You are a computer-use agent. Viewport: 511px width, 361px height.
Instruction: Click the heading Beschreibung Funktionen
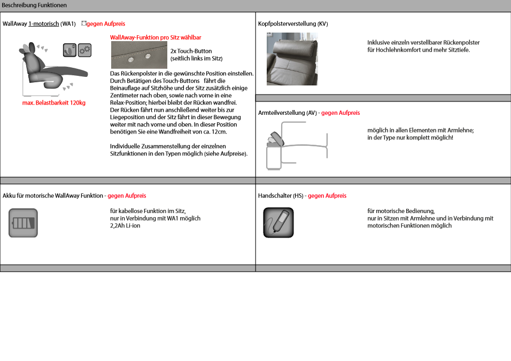(34, 5)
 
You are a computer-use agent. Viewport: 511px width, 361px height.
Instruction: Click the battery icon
(23, 223)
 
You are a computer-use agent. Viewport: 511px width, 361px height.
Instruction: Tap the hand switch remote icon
(278, 223)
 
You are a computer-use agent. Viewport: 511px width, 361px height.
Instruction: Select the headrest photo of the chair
(292, 59)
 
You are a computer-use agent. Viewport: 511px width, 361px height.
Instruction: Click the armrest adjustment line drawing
(297, 145)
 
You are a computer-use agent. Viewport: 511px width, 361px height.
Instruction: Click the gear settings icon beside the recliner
(84, 51)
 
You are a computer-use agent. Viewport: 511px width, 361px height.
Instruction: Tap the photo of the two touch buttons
(138, 55)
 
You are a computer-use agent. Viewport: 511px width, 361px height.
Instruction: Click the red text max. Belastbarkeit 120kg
(54, 103)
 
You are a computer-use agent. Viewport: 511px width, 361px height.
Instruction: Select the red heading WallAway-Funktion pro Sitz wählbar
(156, 37)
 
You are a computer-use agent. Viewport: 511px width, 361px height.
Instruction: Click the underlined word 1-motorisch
(44, 24)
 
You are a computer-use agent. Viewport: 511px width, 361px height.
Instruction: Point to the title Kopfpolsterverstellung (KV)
(293, 24)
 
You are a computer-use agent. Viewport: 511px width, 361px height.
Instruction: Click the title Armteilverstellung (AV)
(288, 113)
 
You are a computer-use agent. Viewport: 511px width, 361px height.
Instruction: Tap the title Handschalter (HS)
(281, 196)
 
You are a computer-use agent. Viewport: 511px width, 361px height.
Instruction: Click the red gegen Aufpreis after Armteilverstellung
(340, 113)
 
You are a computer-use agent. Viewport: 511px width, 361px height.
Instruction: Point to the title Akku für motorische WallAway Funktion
(52, 196)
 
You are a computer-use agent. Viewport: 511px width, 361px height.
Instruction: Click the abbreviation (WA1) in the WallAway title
(68, 24)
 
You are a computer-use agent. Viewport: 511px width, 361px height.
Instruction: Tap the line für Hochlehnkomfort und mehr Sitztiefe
(419, 50)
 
